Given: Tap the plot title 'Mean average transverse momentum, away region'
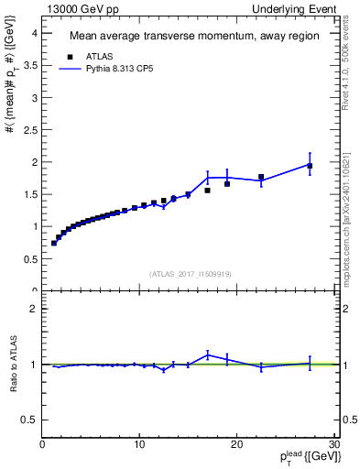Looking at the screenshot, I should tap(194, 37).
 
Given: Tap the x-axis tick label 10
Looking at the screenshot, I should tap(139, 445).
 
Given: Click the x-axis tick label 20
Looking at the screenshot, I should tap(236, 445).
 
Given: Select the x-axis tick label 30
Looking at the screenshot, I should tap(333, 445).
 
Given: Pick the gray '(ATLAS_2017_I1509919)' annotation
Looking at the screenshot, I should tap(191, 274).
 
